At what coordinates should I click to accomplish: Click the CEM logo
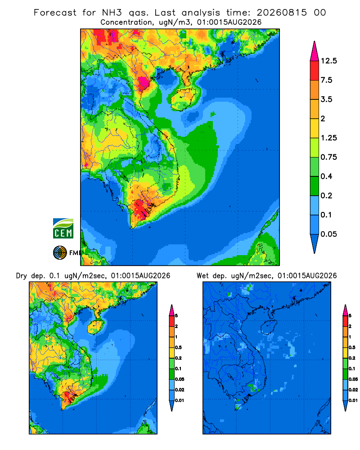pyautogui.click(x=63, y=229)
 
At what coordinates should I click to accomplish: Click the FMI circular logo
pyautogui.click(x=60, y=253)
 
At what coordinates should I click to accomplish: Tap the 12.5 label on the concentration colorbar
pyautogui.click(x=328, y=61)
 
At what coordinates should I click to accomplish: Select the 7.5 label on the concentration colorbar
pyautogui.click(x=326, y=80)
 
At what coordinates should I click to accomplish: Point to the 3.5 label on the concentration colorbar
pyautogui.click(x=326, y=99)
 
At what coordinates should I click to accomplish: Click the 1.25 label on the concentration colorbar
pyautogui.click(x=328, y=138)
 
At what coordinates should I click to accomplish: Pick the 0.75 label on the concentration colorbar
pyautogui.click(x=328, y=157)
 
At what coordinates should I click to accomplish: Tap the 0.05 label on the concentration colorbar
pyautogui.click(x=328, y=234)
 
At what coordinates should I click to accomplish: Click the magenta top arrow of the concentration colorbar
pyautogui.click(x=315, y=52)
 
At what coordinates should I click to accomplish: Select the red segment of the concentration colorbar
pyautogui.click(x=315, y=71)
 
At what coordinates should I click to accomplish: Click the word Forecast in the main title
pyautogui.click(x=55, y=13)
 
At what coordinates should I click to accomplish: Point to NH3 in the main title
pyautogui.click(x=112, y=13)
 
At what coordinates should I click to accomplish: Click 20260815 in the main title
pyautogui.click(x=282, y=13)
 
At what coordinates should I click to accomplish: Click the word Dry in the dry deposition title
pyautogui.click(x=22, y=276)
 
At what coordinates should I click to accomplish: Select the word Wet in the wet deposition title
pyautogui.click(x=202, y=276)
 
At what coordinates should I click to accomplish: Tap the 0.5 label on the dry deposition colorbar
pyautogui.click(x=178, y=347)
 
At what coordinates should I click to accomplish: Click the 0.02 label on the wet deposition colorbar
pyautogui.click(x=353, y=390)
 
